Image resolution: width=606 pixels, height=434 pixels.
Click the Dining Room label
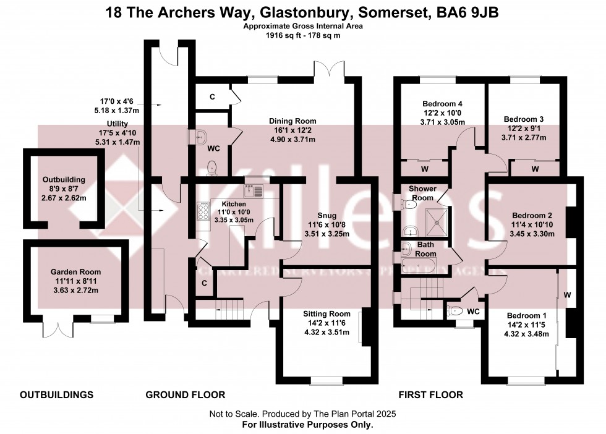(x=292, y=121)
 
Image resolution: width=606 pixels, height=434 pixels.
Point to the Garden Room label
(x=76, y=271)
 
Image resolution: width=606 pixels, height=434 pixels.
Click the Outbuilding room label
(x=60, y=180)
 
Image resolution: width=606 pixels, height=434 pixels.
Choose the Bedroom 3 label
(x=524, y=119)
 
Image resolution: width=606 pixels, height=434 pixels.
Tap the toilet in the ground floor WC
(x=212, y=166)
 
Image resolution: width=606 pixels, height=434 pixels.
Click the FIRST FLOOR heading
(x=431, y=394)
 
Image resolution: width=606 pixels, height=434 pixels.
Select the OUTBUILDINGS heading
(x=57, y=394)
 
